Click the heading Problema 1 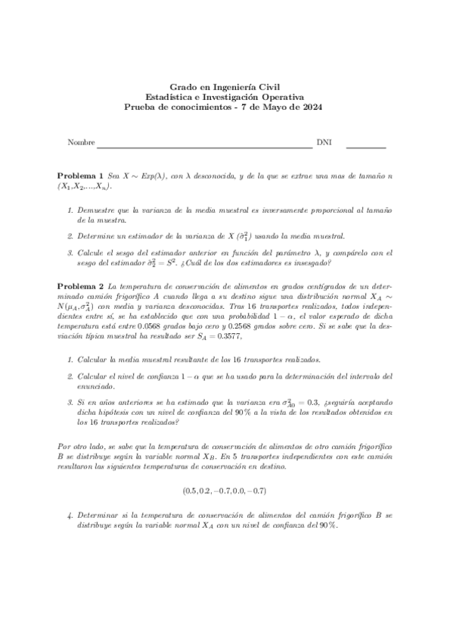(81, 175)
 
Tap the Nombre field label (81, 142)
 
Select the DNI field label (324, 142)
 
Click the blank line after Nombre (204, 145)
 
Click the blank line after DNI (366, 145)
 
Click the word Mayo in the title (279, 108)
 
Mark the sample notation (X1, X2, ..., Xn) (85, 186)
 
